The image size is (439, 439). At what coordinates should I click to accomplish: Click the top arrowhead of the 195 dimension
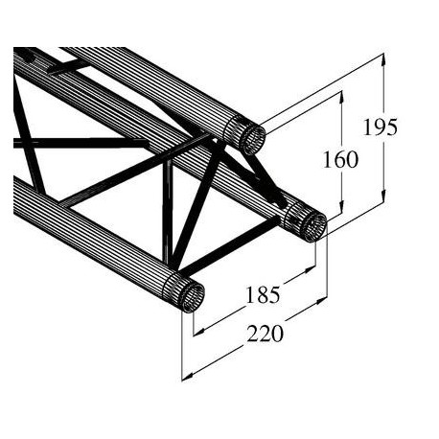pyautogui.click(x=383, y=59)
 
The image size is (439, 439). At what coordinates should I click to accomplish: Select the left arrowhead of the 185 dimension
pyautogui.click(x=197, y=332)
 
